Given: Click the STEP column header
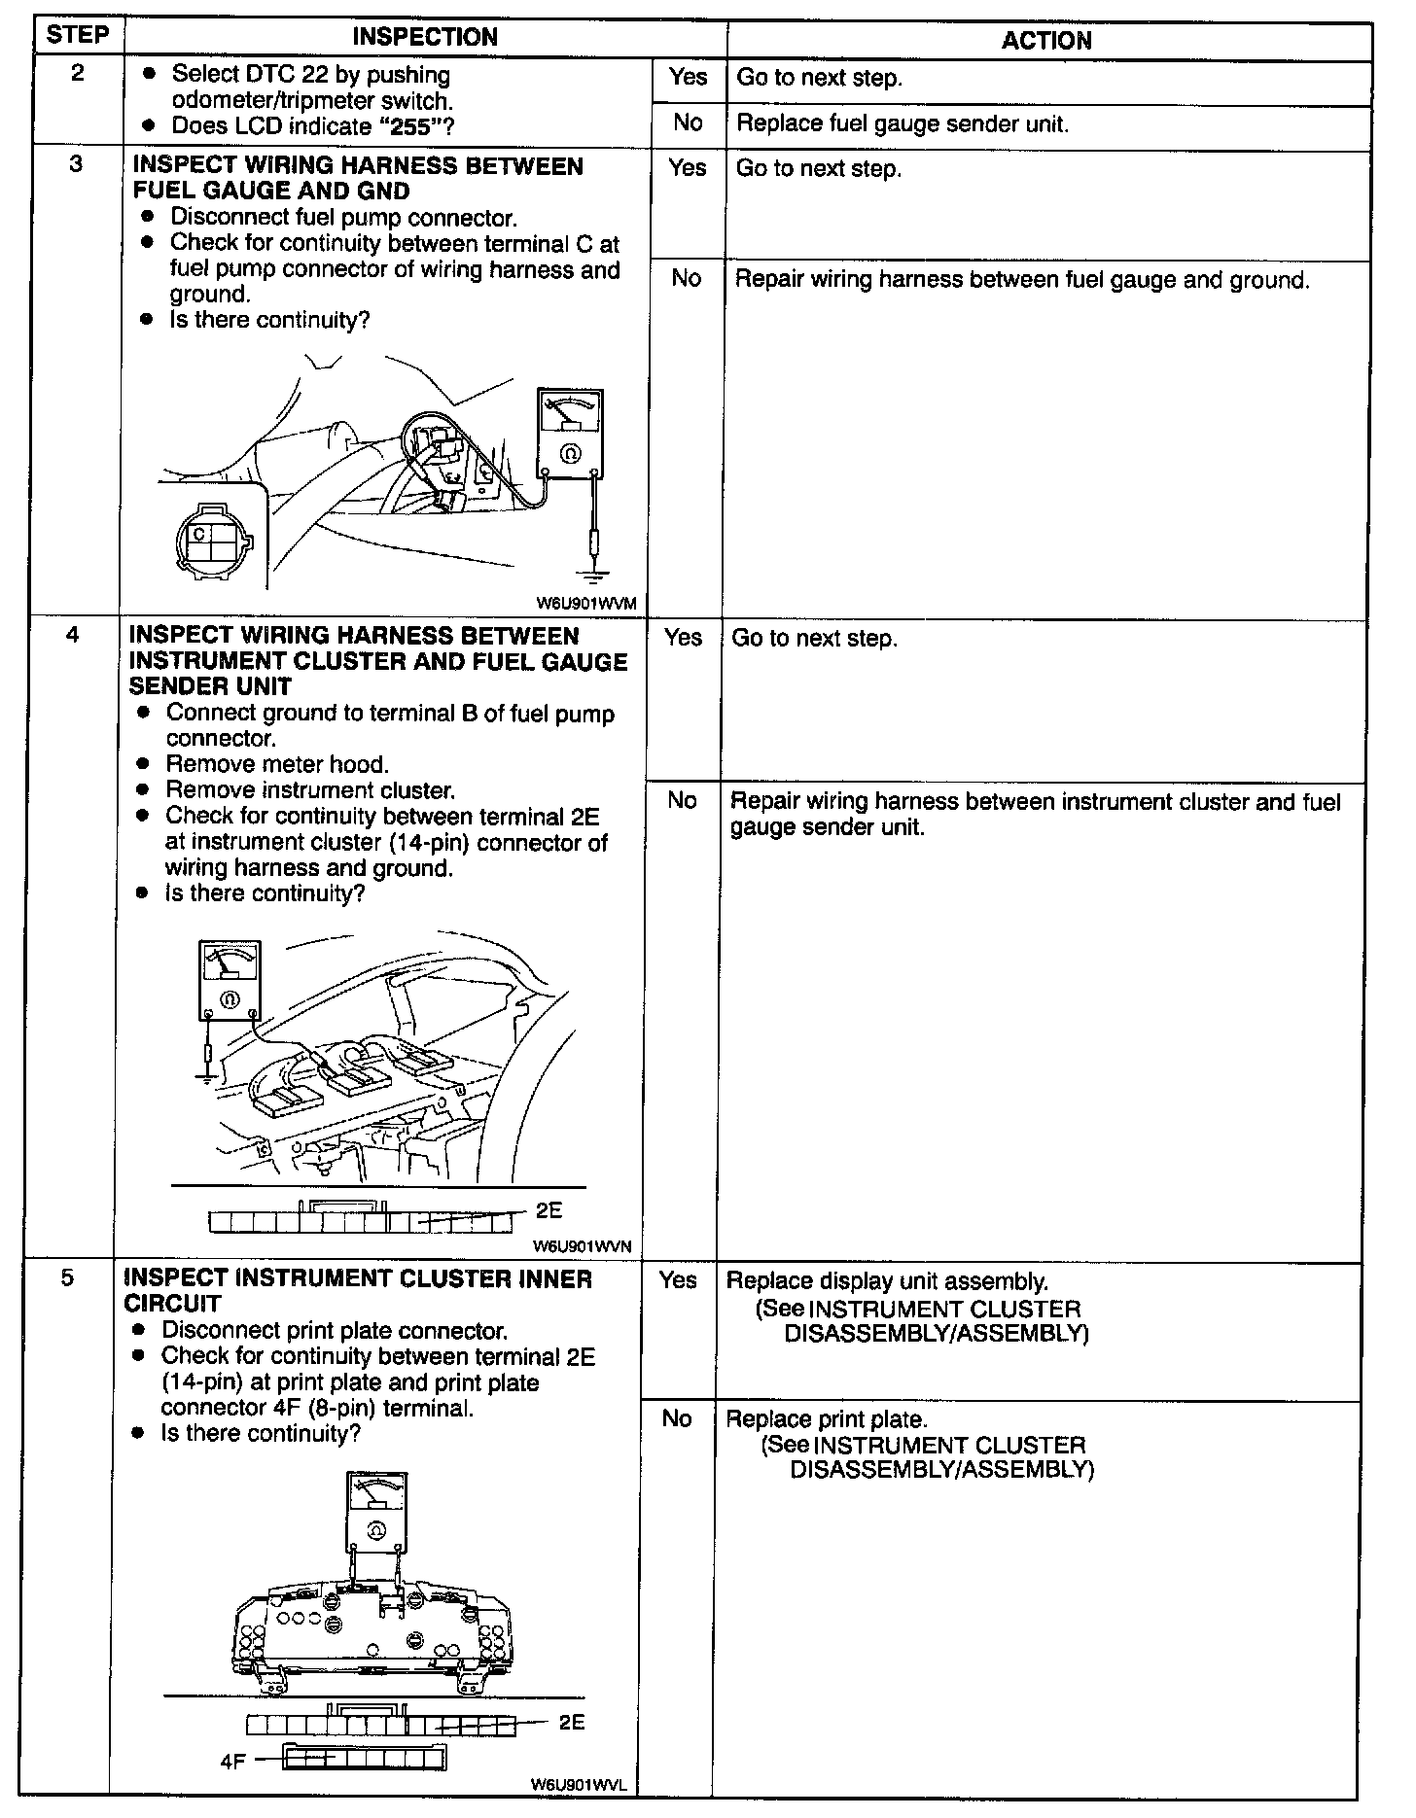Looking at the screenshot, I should pyautogui.click(x=78, y=36).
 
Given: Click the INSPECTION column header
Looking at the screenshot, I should pyautogui.click(x=425, y=37).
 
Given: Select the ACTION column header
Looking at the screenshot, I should pyautogui.click(x=1046, y=40).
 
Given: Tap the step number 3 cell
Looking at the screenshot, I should pyautogui.click(x=76, y=164).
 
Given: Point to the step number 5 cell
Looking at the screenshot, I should pyautogui.click(x=67, y=1277).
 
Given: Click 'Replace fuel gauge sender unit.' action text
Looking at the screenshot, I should pyautogui.click(x=903, y=125).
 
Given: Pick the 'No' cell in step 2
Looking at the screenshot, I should pyautogui.click(x=688, y=122).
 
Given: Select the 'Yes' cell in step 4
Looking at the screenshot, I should pyautogui.click(x=683, y=638).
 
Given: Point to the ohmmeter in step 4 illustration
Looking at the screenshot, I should pyautogui.click(x=230, y=979).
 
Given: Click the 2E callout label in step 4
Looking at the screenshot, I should pyautogui.click(x=549, y=1210).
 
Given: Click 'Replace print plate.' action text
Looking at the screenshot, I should pyautogui.click(x=827, y=1419).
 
